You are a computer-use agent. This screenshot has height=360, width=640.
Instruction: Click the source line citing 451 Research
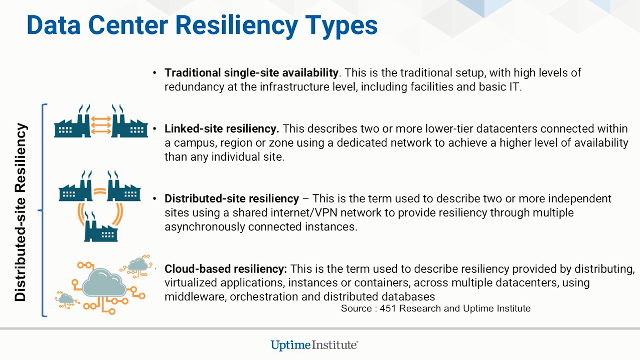click(x=436, y=308)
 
